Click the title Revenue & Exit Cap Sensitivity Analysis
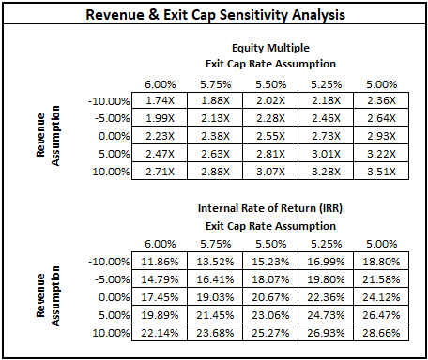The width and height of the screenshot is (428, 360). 214,16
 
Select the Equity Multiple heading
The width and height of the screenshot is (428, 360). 272,46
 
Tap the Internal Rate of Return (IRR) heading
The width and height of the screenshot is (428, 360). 272,208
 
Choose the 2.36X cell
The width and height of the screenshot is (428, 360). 381,101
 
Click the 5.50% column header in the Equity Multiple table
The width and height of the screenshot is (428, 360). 272,83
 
